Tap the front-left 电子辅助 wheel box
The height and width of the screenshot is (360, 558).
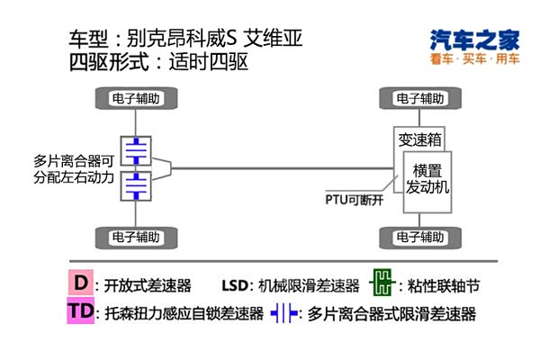pyautogui.click(x=135, y=98)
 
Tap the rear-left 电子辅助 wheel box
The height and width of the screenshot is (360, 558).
pyautogui.click(x=135, y=238)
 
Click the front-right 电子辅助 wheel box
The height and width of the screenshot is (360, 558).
pyautogui.click(x=419, y=98)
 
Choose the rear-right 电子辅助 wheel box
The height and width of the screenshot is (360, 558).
pyautogui.click(x=419, y=238)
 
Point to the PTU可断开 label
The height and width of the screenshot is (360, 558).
pyautogui.click(x=355, y=200)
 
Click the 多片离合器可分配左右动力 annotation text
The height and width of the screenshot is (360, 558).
pyautogui.click(x=75, y=169)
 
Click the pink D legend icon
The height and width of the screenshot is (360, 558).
pyautogui.click(x=82, y=283)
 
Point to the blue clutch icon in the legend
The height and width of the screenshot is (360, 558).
pyautogui.click(x=285, y=314)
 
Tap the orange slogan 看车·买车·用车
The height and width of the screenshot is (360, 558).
pyautogui.click(x=474, y=60)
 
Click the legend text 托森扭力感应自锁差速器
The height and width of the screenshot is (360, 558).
pyautogui.click(x=183, y=314)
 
